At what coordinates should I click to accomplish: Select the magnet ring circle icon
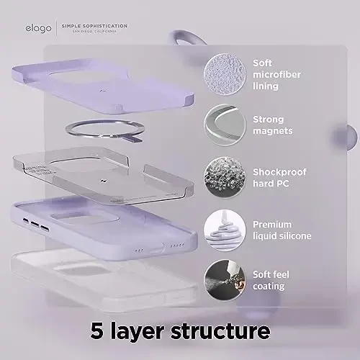tap(225, 125)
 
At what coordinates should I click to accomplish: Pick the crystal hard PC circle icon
tap(225, 176)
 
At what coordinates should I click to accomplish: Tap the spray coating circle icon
tap(225, 279)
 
